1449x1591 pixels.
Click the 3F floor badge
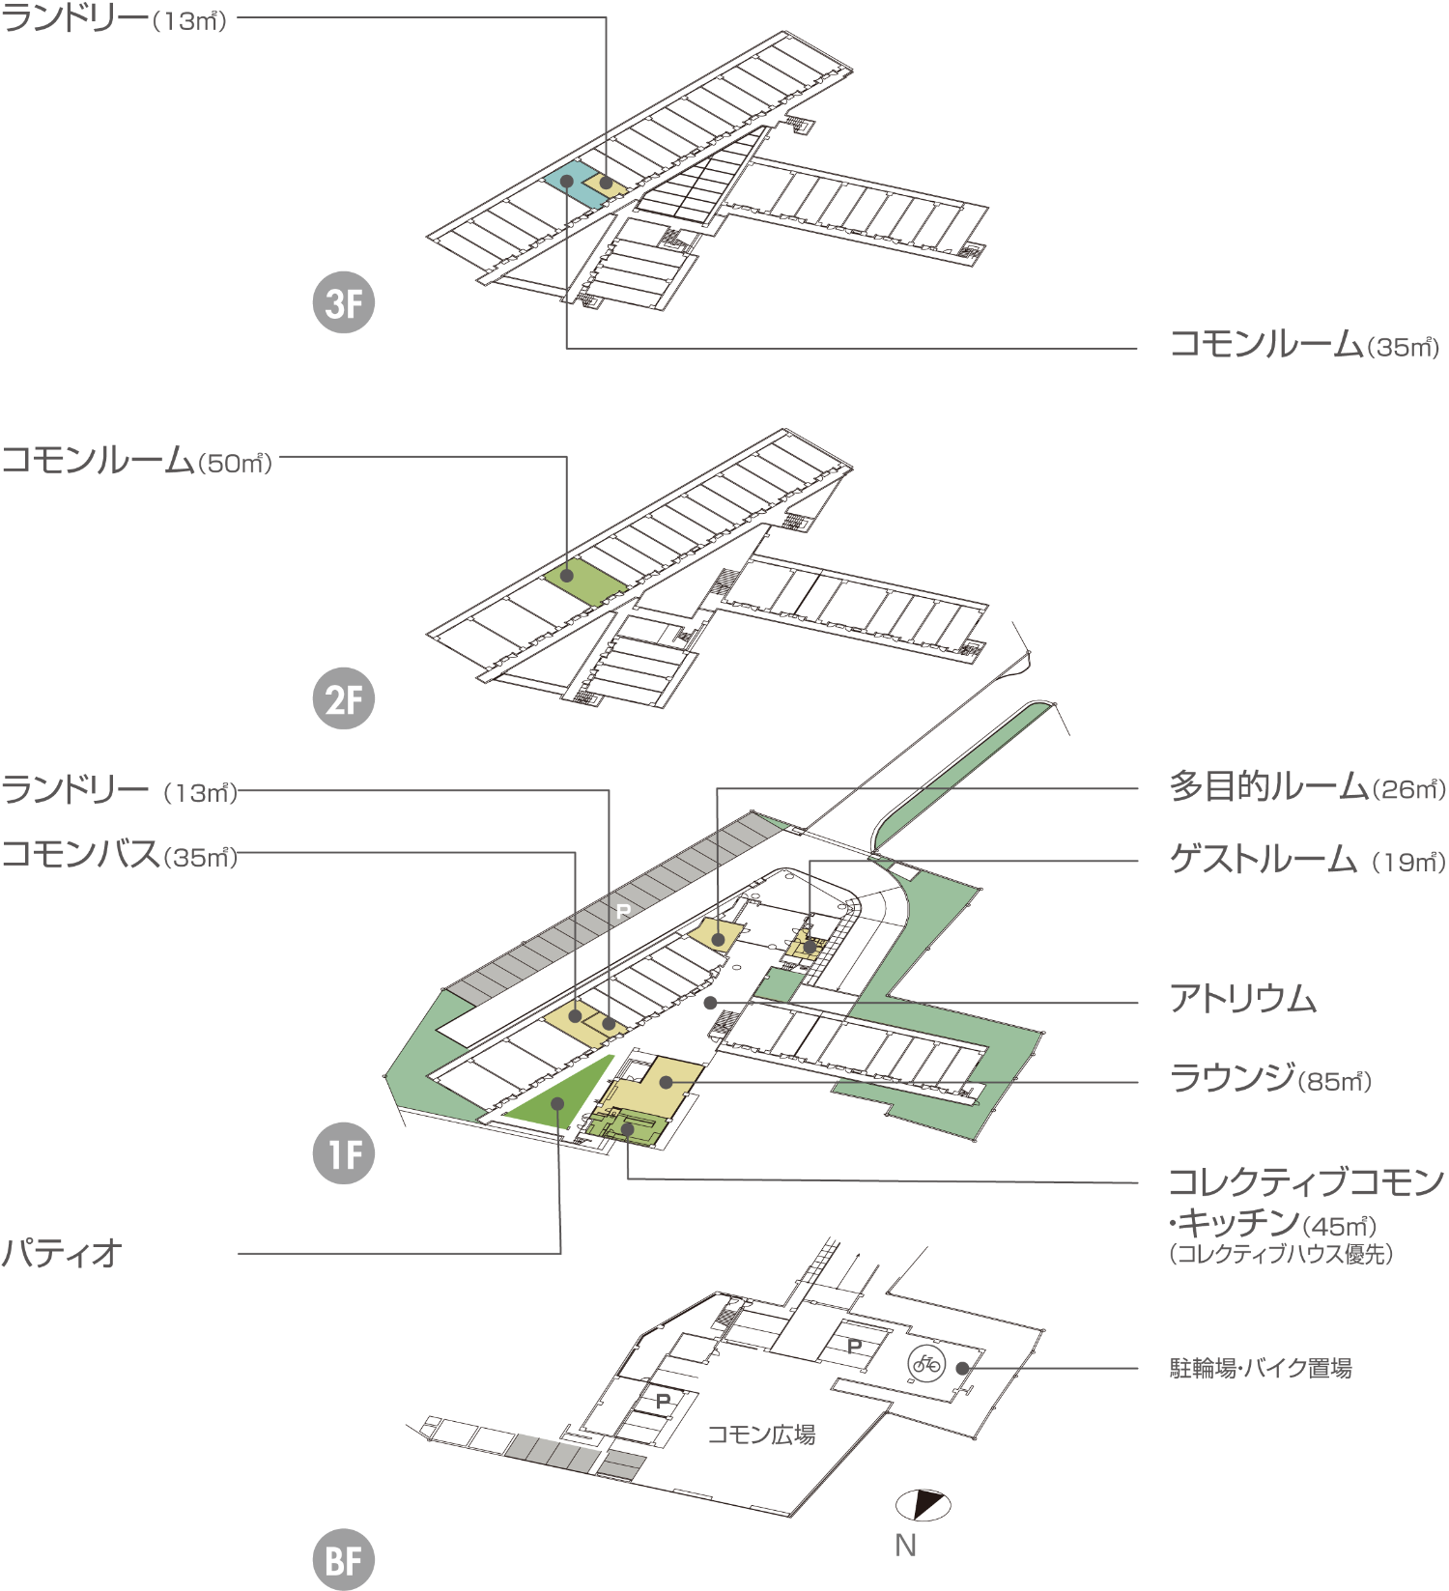(x=344, y=302)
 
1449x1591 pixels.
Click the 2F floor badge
(x=344, y=698)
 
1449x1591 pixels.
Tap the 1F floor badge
(x=344, y=1153)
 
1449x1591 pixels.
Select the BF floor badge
(x=344, y=1559)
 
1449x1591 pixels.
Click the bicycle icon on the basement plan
(x=926, y=1364)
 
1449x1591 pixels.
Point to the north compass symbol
(x=923, y=1504)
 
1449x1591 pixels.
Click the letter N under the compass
(x=905, y=1546)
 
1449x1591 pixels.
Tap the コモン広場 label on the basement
(x=761, y=1435)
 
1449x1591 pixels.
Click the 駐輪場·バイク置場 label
(x=1261, y=1368)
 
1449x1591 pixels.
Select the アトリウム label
(x=1243, y=998)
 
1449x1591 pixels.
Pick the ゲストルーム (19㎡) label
(x=1308, y=859)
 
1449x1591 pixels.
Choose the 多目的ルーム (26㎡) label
(x=1308, y=786)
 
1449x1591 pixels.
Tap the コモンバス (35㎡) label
(x=120, y=854)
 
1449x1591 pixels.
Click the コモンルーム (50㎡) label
(x=137, y=460)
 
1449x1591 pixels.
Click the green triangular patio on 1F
(x=559, y=1096)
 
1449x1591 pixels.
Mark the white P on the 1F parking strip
(x=623, y=911)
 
